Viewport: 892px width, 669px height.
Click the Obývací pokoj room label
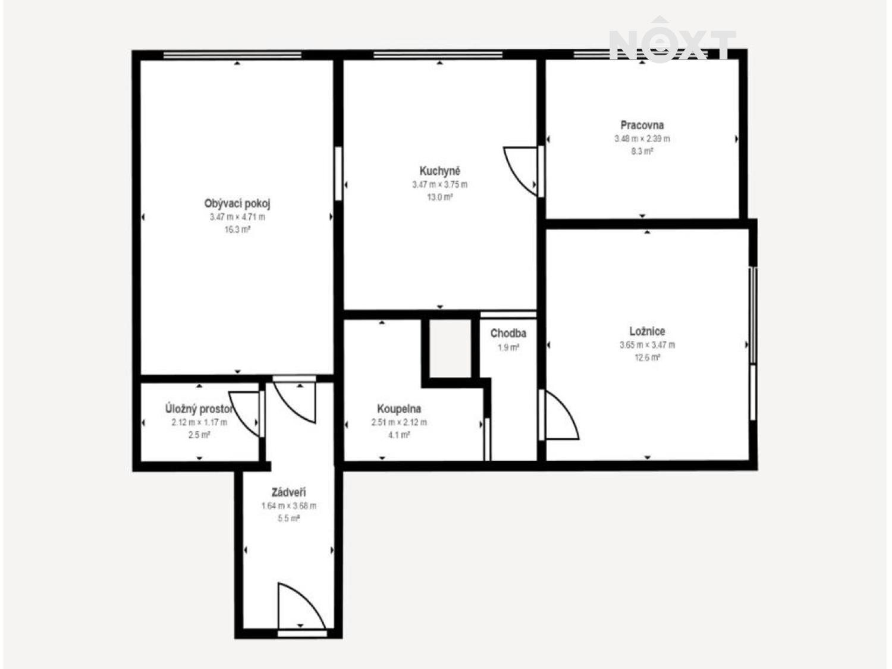237,203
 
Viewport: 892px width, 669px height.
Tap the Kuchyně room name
439,171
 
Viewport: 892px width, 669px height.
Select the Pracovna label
642,125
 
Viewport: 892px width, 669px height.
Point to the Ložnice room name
648,331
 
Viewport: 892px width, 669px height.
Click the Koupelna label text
399,409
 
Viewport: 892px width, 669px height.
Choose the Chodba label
508,334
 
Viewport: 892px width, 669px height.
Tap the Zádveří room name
288,492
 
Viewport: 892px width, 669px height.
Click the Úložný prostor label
199,408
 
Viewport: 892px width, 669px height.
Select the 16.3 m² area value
237,230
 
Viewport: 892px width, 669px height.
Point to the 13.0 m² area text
439,197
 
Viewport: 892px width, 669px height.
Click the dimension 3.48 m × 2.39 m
642,139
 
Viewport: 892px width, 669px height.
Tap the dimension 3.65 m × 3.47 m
648,345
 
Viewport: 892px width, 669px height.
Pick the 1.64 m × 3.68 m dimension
288,506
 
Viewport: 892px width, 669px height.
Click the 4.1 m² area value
399,435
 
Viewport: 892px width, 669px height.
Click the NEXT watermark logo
672,40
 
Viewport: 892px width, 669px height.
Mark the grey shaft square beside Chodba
450,348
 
